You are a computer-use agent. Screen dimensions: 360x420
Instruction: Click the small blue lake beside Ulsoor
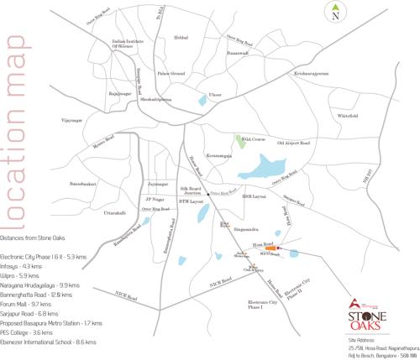pos(202,100)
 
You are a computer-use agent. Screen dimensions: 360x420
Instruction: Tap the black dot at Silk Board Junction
pos(184,194)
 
